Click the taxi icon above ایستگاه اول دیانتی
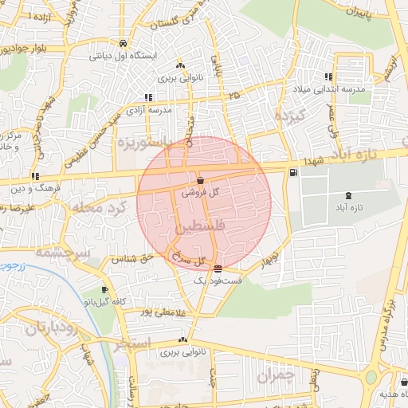(122, 44)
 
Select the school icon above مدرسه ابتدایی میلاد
(328, 77)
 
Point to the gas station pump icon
(295, 172)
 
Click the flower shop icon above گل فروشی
(199, 180)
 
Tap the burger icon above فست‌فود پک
(218, 269)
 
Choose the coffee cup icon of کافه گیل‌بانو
(104, 290)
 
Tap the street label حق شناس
(135, 259)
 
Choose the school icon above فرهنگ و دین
(35, 176)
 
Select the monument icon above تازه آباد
(347, 195)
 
